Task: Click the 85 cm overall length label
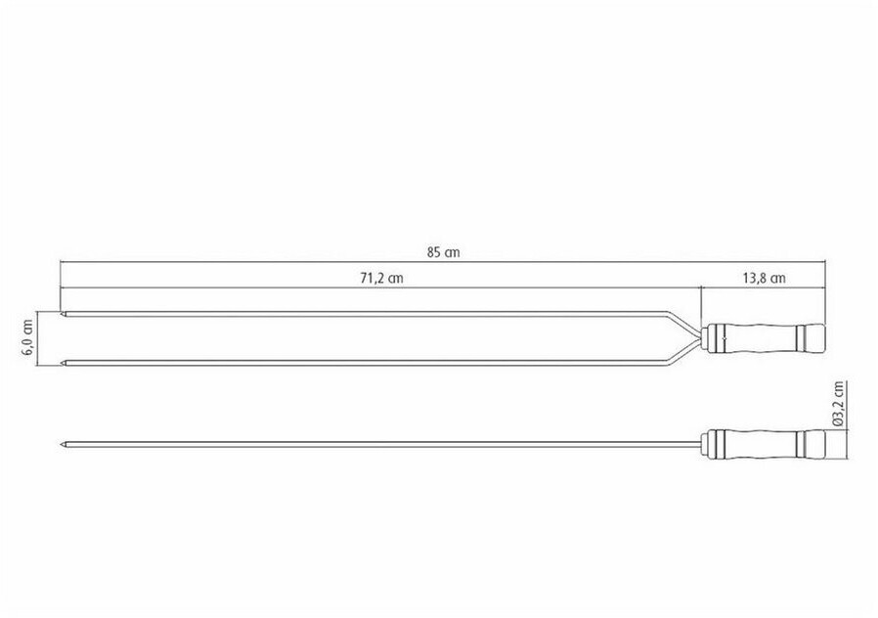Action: [x=444, y=252]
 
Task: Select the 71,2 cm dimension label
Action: [x=381, y=279]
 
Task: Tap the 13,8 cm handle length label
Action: [x=764, y=279]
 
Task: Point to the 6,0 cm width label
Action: [x=26, y=339]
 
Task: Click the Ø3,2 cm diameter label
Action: [x=838, y=404]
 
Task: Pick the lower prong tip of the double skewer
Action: [x=61, y=364]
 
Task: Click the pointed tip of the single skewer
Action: [x=61, y=446]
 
